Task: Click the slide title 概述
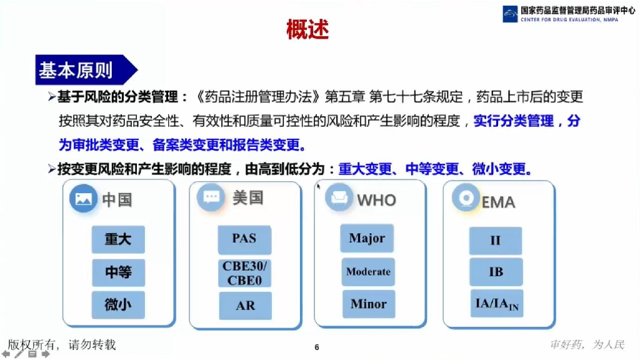pyautogui.click(x=307, y=29)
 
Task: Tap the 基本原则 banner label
pyautogui.click(x=76, y=70)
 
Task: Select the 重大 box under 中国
pyautogui.click(x=118, y=239)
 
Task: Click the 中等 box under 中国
pyautogui.click(x=118, y=272)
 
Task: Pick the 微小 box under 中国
pyautogui.click(x=118, y=304)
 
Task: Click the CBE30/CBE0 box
pyautogui.click(x=244, y=273)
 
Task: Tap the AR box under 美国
pyautogui.click(x=244, y=306)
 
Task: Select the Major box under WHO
pyautogui.click(x=367, y=238)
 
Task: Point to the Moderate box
pyautogui.click(x=368, y=272)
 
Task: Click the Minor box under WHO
pyautogui.click(x=368, y=304)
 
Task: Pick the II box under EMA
pyautogui.click(x=496, y=240)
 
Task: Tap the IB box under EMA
pyautogui.click(x=496, y=272)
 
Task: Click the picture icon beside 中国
pyautogui.click(x=83, y=199)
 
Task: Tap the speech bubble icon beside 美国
pyautogui.click(x=211, y=197)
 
